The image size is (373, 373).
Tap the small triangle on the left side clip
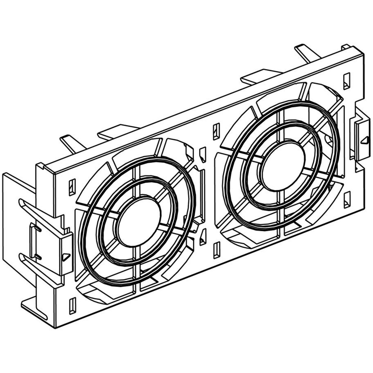coord(65,257)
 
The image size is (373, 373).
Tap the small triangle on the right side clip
coord(363,141)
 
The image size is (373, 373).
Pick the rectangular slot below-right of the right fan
coord(347,199)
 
